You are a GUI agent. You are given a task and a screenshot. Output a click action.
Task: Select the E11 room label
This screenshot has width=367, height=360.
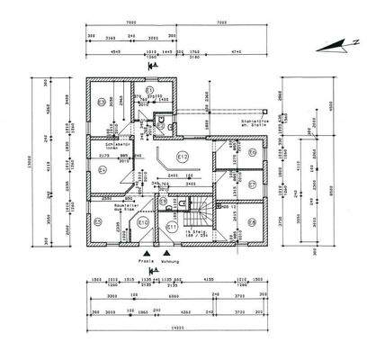169,227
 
